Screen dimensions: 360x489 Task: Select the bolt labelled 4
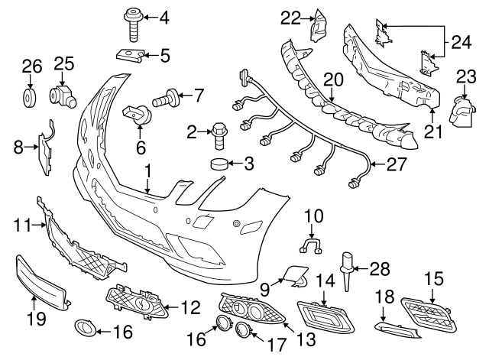[131, 25]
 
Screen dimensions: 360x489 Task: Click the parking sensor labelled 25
[63, 96]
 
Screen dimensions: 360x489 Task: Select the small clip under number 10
[309, 245]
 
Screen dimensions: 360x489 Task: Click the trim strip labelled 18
[398, 328]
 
